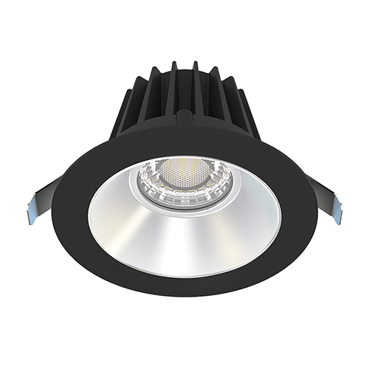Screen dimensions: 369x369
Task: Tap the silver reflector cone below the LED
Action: click(184, 236)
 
